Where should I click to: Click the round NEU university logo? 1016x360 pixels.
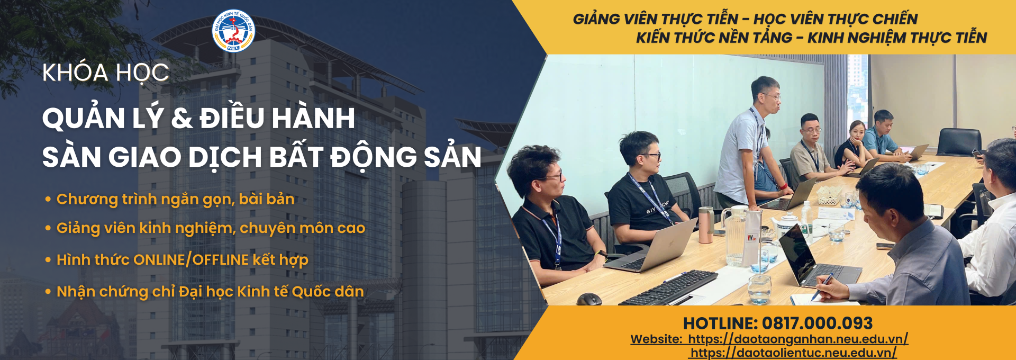tap(233, 31)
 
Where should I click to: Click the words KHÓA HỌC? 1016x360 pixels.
tap(106, 73)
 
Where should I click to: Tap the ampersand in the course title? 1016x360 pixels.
tap(182, 118)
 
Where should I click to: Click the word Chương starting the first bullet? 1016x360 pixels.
tap(87, 200)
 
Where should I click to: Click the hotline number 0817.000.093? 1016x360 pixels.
tap(817, 323)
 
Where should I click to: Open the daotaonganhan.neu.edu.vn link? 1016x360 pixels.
tap(799, 339)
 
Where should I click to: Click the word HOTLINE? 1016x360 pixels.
tap(720, 323)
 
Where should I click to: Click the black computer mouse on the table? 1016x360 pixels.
tap(589, 299)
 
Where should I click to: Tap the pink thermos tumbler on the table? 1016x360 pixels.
tap(706, 225)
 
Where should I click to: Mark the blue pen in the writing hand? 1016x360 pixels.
tap(822, 285)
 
